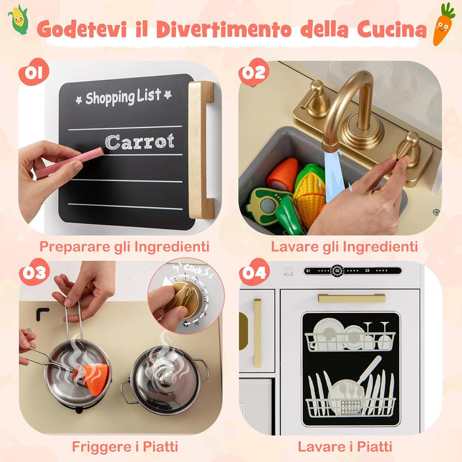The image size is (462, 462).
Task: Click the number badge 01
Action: click(33, 73)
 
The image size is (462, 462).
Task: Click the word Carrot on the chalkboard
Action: click(140, 141)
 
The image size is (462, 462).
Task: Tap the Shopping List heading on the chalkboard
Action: click(123, 97)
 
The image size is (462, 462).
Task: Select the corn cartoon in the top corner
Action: click(18, 20)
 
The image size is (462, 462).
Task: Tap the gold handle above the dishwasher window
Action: click(352, 298)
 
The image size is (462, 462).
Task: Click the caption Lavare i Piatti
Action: click(345, 446)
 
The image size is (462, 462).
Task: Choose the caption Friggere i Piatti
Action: click(125, 446)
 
